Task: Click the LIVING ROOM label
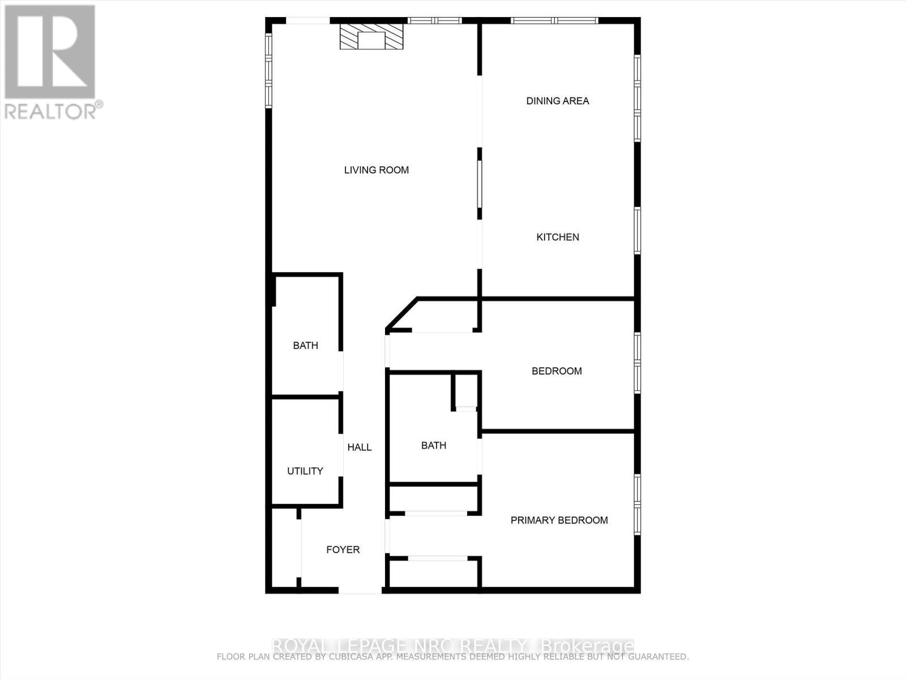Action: pyautogui.click(x=377, y=170)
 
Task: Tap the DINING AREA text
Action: pyautogui.click(x=558, y=101)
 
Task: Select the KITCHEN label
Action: pyautogui.click(x=558, y=237)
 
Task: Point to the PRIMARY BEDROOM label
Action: pyautogui.click(x=559, y=520)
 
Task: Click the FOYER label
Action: pyautogui.click(x=343, y=550)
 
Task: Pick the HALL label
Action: pyautogui.click(x=360, y=448)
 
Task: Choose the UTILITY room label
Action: pyautogui.click(x=305, y=471)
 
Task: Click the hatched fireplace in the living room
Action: pyautogui.click(x=372, y=37)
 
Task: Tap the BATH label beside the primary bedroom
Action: pyautogui.click(x=434, y=445)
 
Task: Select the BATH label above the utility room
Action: pyautogui.click(x=306, y=346)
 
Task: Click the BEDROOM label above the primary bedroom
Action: pyautogui.click(x=557, y=371)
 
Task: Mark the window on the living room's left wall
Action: pyautogui.click(x=269, y=70)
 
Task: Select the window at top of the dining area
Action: pyautogui.click(x=554, y=21)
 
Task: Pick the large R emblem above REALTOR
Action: pyautogui.click(x=50, y=52)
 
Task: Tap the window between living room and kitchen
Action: pyautogui.click(x=480, y=184)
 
